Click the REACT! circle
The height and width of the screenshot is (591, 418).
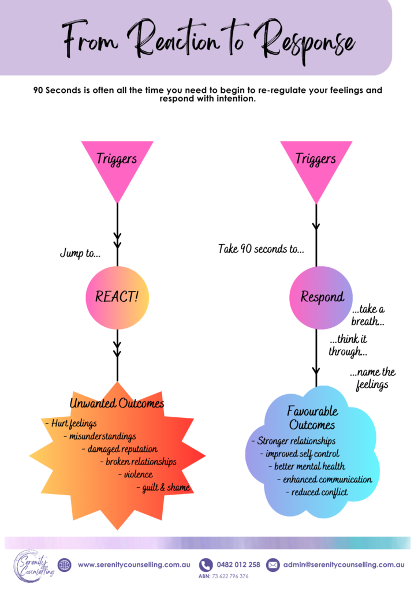tap(117, 297)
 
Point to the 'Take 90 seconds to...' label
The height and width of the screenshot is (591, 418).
tap(261, 249)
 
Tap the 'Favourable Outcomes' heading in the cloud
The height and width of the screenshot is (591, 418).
tap(312, 418)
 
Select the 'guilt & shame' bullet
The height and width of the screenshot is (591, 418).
tap(166, 488)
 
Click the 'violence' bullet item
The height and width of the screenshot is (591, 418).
tap(138, 474)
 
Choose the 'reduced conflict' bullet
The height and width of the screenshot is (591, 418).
tap(317, 492)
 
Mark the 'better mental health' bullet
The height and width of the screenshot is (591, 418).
tap(307, 466)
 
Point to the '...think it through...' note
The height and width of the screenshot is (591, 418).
tap(348, 345)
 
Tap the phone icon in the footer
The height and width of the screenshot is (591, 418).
tap(206, 565)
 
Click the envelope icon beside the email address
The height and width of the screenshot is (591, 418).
tap(273, 565)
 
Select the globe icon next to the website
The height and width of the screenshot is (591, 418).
tap(65, 565)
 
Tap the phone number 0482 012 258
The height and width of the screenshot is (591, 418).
tap(238, 565)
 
